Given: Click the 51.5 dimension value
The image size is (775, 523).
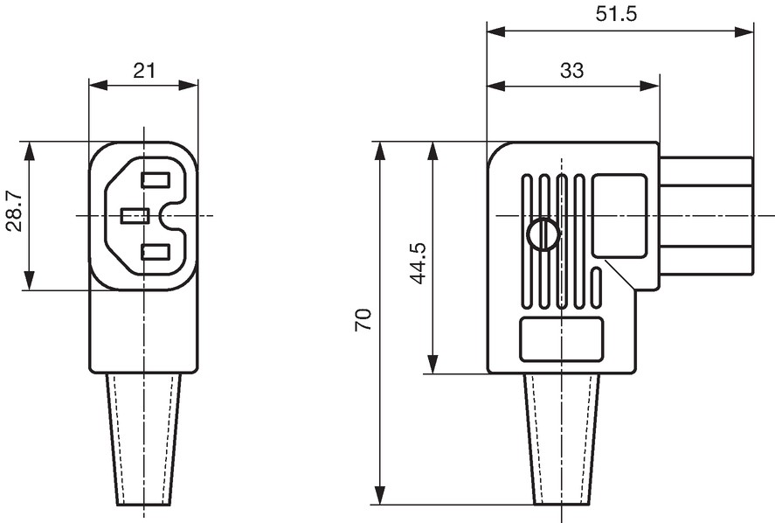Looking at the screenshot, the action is pos(616,14).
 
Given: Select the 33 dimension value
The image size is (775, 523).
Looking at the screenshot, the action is pos(572,71).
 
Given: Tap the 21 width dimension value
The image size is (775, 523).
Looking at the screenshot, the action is pos(144,71).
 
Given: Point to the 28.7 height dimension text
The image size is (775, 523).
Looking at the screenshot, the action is pos(15,212).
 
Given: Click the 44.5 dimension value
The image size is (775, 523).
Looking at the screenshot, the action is pos(419,262).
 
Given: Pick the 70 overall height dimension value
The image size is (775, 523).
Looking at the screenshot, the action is pos(363,320).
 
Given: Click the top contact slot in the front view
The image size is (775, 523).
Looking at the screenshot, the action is pos(156,179).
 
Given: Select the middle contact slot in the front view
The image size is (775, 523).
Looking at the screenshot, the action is pos(135,216).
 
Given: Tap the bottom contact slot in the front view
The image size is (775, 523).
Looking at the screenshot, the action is pos(156,252).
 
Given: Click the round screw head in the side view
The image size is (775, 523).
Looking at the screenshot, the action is pos(543,234).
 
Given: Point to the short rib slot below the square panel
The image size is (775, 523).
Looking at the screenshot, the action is pos(597,289).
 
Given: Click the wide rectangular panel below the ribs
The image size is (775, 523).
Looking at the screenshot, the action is pos(562,339).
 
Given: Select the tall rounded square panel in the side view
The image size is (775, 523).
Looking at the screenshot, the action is pos(619,215).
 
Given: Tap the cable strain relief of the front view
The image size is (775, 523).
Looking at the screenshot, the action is pos(144,439).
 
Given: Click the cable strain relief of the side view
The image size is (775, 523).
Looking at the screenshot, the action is pos(562,439).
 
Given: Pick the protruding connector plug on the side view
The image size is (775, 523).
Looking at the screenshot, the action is pos(706,216).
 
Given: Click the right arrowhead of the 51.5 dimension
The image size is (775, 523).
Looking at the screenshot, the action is pos(744,32).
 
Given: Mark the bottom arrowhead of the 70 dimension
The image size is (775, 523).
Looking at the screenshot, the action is pos(379,496).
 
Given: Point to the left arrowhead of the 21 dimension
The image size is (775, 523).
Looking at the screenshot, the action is pos(99,85).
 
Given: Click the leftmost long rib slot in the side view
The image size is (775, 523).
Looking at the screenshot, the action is pos(527,242).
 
